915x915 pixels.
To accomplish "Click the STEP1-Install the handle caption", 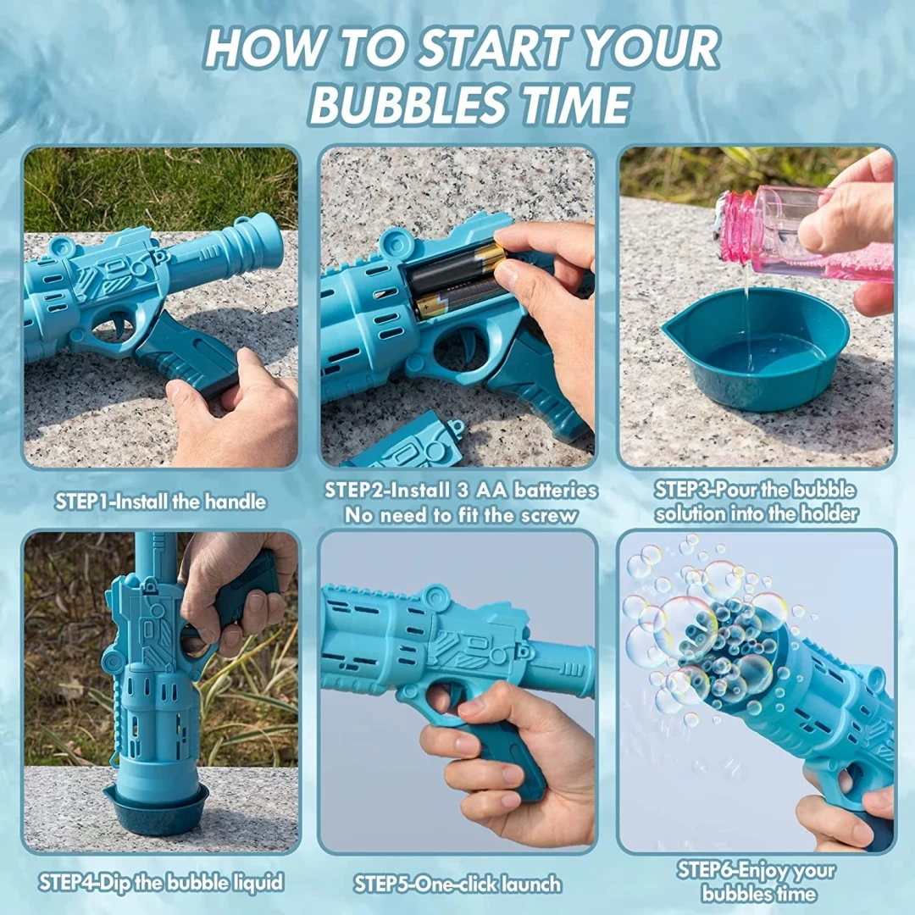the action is pos(160,502).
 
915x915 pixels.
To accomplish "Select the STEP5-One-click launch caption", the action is pos(458,884).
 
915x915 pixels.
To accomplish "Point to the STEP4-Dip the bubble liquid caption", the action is pos(162,882).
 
